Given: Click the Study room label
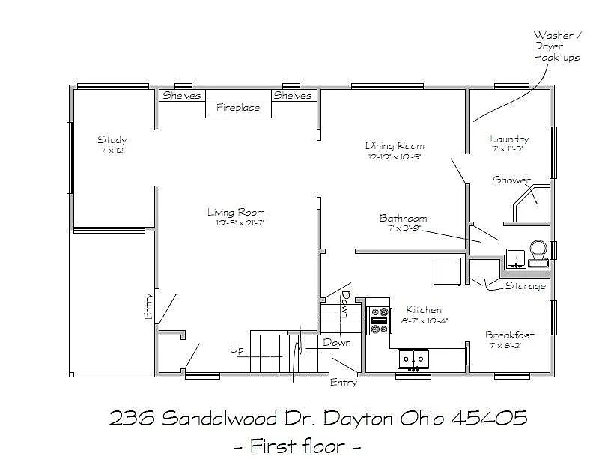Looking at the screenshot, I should click(x=112, y=140).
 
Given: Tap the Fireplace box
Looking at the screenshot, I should click(x=238, y=108).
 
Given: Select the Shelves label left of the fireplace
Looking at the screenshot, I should click(x=182, y=96).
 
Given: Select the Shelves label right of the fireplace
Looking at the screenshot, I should click(x=293, y=96).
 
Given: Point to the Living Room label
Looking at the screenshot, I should click(x=236, y=213).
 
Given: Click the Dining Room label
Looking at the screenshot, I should click(x=395, y=146).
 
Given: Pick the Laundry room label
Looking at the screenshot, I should click(x=509, y=139).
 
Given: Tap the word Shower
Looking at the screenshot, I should click(x=511, y=180).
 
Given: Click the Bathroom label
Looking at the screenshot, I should click(x=403, y=219).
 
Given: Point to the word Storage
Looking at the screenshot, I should click(x=525, y=286).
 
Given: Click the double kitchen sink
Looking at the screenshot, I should click(x=413, y=359).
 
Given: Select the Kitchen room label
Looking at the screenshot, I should click(x=424, y=310).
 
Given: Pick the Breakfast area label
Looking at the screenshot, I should click(x=509, y=335).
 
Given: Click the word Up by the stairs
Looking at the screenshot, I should click(x=237, y=350).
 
